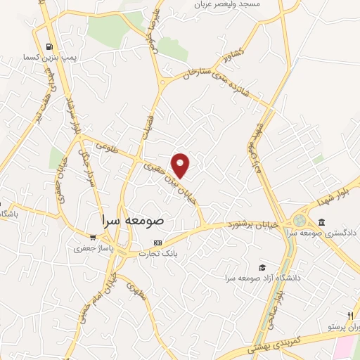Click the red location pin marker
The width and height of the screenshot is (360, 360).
coord(181,166)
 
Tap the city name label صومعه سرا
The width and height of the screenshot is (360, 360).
coord(132,219)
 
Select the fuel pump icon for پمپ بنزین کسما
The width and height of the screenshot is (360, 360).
coord(49,46)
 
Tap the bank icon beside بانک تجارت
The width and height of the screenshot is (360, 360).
coord(157,243)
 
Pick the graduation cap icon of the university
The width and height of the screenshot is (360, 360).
coord(262,267)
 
